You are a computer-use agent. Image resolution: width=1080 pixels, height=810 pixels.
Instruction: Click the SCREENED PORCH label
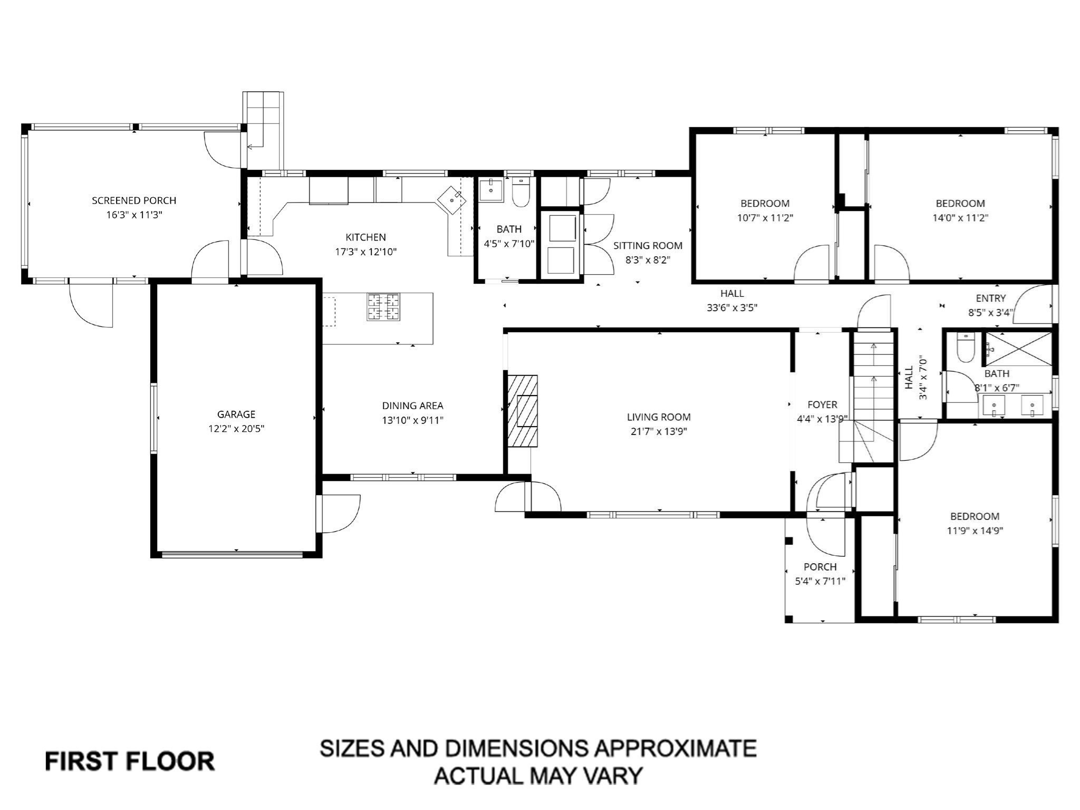[x=134, y=200]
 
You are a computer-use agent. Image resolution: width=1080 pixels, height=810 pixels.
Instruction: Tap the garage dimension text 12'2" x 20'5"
[x=236, y=429]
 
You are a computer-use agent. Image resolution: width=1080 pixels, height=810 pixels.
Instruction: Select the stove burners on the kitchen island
[x=383, y=307]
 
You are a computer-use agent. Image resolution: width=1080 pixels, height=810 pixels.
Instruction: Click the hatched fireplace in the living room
[x=523, y=411]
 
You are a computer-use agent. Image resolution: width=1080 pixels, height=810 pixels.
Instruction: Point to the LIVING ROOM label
[x=659, y=417]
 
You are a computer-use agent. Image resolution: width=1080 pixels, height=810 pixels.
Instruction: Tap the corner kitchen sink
[x=452, y=200]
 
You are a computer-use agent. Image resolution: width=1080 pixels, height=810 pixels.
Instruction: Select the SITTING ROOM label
[x=648, y=246]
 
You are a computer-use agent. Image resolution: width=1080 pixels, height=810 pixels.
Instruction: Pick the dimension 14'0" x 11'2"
[x=960, y=217]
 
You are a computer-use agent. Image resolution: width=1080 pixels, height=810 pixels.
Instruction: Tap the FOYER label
[x=822, y=404]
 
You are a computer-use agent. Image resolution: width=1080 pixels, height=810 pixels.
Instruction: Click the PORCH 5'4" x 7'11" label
[x=820, y=567]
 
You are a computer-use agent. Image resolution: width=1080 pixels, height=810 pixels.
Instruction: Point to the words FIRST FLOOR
[x=130, y=761]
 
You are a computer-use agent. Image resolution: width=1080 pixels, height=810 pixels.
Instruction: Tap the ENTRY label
[x=990, y=298]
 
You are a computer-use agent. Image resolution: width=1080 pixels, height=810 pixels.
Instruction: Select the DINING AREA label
[x=412, y=406]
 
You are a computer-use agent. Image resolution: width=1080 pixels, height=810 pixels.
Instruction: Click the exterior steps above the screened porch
[x=263, y=121]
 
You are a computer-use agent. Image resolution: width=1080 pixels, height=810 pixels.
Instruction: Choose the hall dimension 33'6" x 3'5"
[x=732, y=308]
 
